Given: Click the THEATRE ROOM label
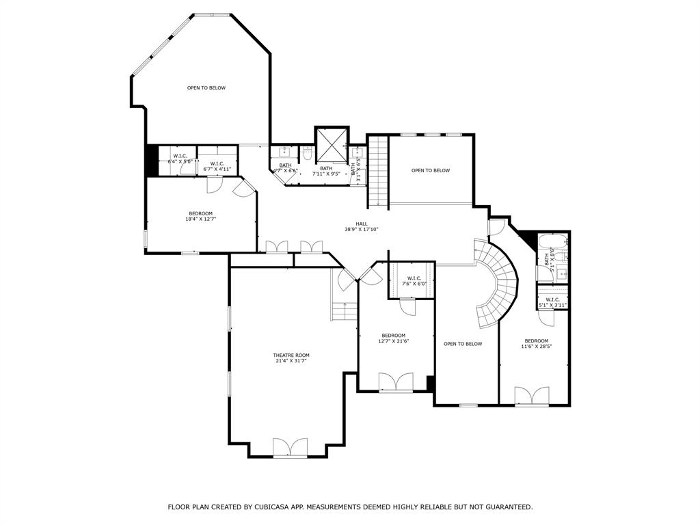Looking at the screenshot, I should (x=291, y=355).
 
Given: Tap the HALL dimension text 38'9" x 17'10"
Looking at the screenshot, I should (x=362, y=230).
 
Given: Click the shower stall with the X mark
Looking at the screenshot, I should (x=332, y=144).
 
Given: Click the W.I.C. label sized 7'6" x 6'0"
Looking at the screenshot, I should (x=414, y=278).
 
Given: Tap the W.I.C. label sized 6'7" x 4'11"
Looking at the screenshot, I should (x=217, y=163).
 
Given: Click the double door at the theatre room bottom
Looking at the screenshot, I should (x=291, y=448).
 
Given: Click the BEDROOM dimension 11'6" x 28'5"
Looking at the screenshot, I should (x=536, y=347).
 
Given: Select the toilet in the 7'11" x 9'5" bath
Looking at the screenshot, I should (x=308, y=154).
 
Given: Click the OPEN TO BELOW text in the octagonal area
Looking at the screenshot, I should (x=206, y=87).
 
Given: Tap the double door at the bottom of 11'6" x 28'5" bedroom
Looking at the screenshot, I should (x=532, y=396).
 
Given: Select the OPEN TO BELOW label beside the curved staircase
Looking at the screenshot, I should (x=463, y=344).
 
